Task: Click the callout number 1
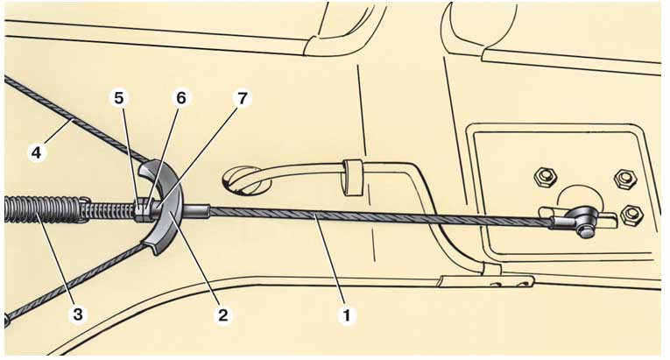pyautogui.click(x=347, y=315)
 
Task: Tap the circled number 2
pyautogui.click(x=223, y=315)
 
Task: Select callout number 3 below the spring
pyautogui.click(x=78, y=314)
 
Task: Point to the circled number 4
pyautogui.click(x=37, y=152)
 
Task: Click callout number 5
pyautogui.click(x=119, y=98)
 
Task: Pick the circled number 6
pyautogui.click(x=181, y=98)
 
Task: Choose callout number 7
pyautogui.click(x=243, y=98)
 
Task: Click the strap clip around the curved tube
pyautogui.click(x=353, y=177)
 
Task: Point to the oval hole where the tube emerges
pyautogui.click(x=246, y=180)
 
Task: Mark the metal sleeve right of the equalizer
pyautogui.click(x=196, y=210)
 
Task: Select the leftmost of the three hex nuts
pyautogui.click(x=544, y=177)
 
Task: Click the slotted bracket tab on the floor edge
pyautogui.click(x=486, y=281)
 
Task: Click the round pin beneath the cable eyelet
pyautogui.click(x=584, y=231)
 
